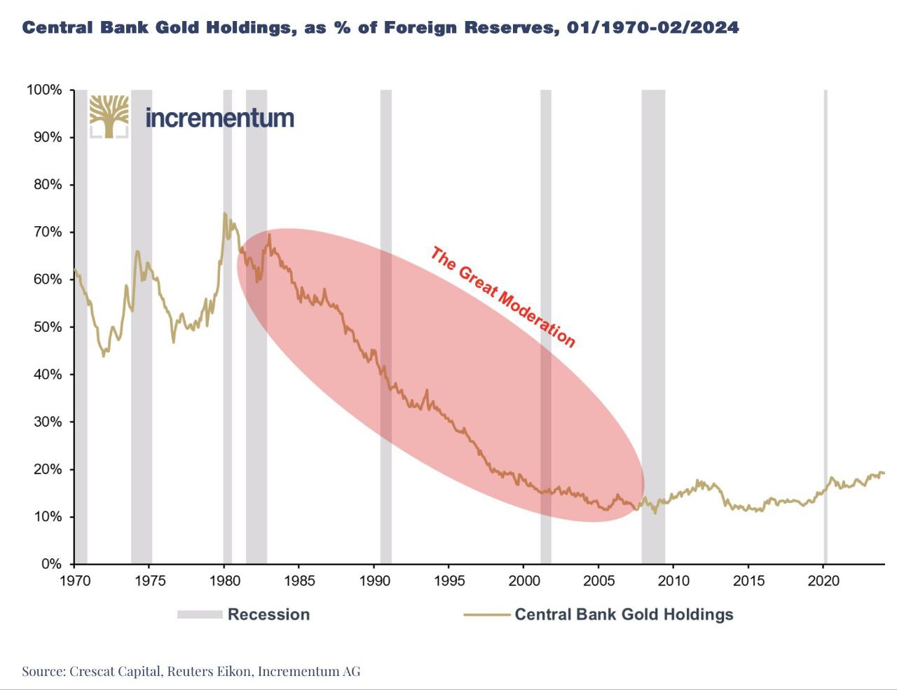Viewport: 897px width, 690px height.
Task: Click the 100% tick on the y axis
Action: (x=44, y=90)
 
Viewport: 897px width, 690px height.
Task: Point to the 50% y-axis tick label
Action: (x=47, y=327)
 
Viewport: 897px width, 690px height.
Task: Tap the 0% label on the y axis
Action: (x=51, y=564)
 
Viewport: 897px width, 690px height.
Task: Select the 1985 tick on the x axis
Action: (x=299, y=581)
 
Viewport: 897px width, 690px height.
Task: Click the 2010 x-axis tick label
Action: (x=673, y=581)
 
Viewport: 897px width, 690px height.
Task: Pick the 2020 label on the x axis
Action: (x=823, y=581)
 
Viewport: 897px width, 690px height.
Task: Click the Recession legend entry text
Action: (x=268, y=614)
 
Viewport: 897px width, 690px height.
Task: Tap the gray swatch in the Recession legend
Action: (x=199, y=614)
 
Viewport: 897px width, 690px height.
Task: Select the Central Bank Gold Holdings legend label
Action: (x=624, y=614)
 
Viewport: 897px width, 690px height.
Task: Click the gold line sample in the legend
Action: (x=486, y=614)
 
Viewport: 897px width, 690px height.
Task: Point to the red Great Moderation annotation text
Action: (x=502, y=297)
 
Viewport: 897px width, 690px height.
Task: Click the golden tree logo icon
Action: (x=109, y=116)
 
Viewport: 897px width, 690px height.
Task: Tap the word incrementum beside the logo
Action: (x=219, y=118)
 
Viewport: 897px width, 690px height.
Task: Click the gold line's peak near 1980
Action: (x=224, y=213)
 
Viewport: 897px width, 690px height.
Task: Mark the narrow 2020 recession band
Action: (x=826, y=322)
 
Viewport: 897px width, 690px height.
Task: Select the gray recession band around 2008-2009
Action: (x=653, y=322)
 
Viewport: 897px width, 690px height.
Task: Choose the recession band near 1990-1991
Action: (x=385, y=322)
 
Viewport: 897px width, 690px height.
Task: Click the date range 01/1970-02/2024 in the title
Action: (x=649, y=28)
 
